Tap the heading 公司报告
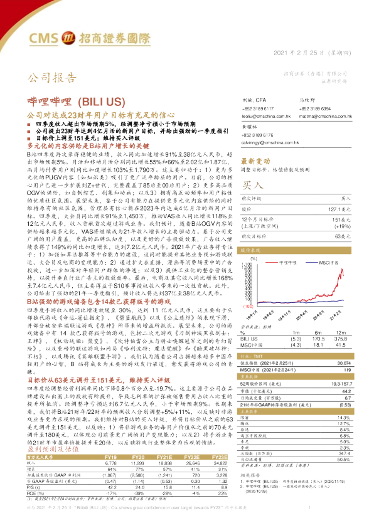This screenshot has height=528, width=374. click(x=45, y=78)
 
